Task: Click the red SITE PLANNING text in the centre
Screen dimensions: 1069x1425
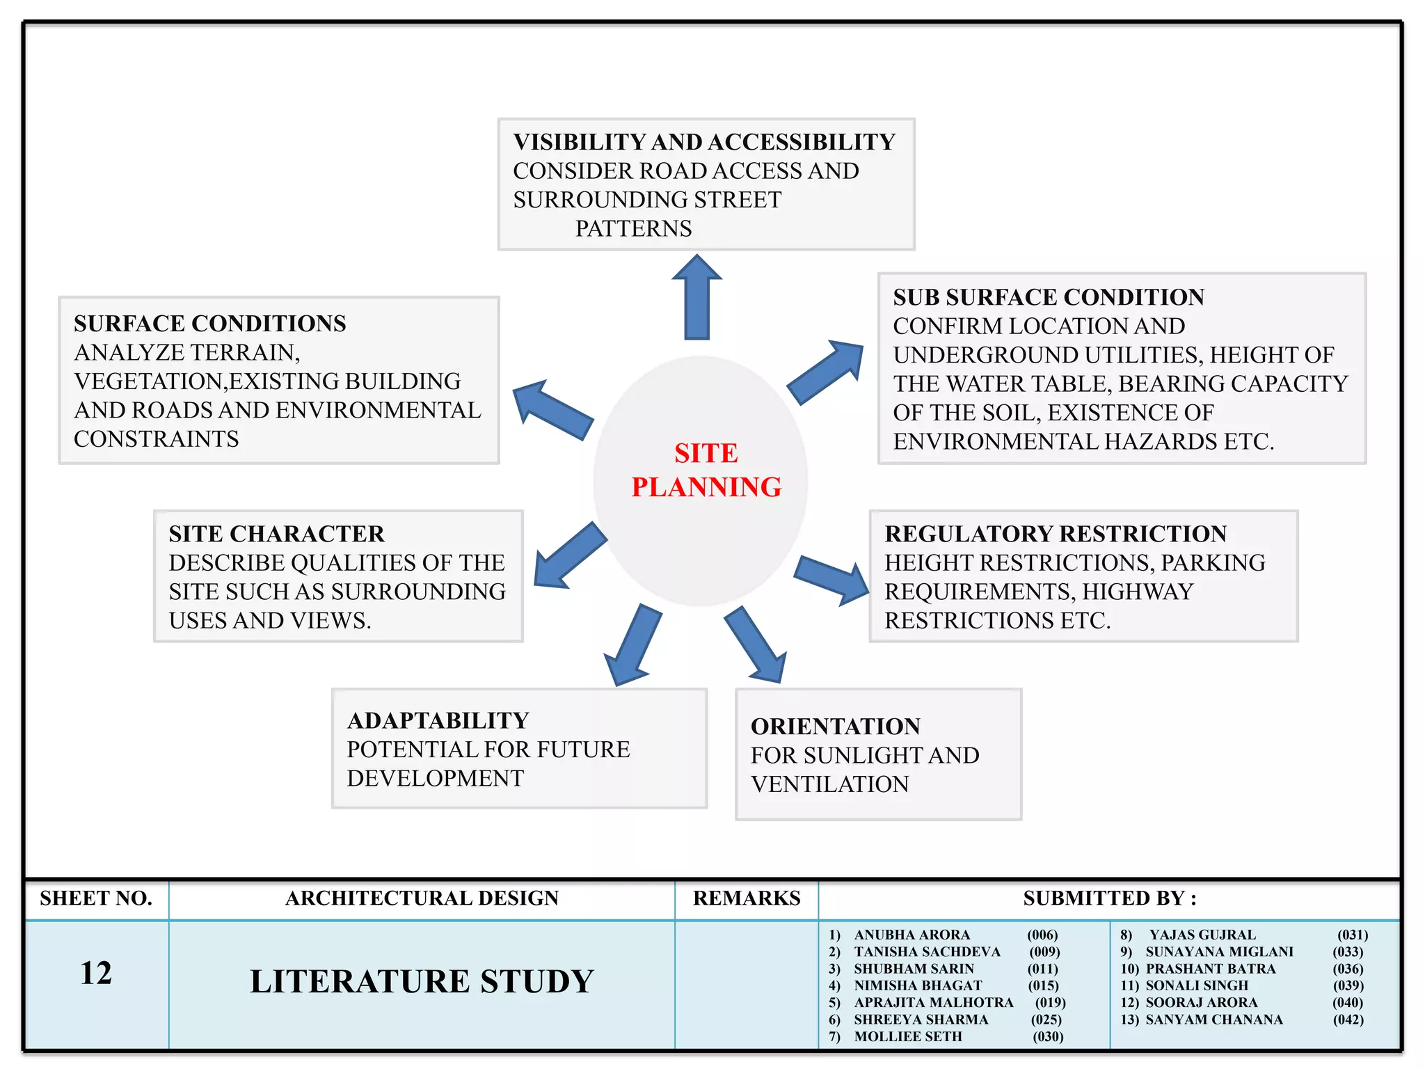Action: point(706,470)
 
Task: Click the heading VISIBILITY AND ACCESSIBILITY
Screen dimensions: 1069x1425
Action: point(704,142)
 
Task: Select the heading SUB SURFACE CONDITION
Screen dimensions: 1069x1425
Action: point(1049,297)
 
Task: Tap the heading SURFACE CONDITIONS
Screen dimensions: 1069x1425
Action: point(209,324)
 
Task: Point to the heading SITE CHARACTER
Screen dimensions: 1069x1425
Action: point(276,534)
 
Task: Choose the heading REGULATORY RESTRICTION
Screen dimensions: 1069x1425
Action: point(1056,534)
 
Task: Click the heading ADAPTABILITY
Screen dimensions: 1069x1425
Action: point(438,720)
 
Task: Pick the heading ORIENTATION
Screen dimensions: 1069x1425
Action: point(836,727)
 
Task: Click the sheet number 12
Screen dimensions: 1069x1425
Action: point(96,973)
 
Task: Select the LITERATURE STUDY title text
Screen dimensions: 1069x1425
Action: point(422,981)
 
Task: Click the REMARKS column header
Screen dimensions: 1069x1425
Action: point(747,898)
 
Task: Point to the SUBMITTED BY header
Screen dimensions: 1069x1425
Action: point(1109,898)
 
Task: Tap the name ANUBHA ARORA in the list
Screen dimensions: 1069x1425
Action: point(911,935)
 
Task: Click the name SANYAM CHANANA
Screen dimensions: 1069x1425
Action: point(1214,1020)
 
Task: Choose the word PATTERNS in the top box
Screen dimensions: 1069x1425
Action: point(633,228)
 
